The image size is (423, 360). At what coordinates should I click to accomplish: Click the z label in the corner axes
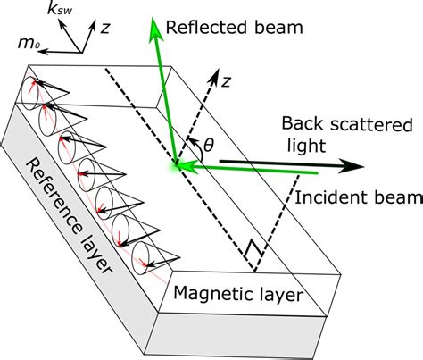105,29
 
